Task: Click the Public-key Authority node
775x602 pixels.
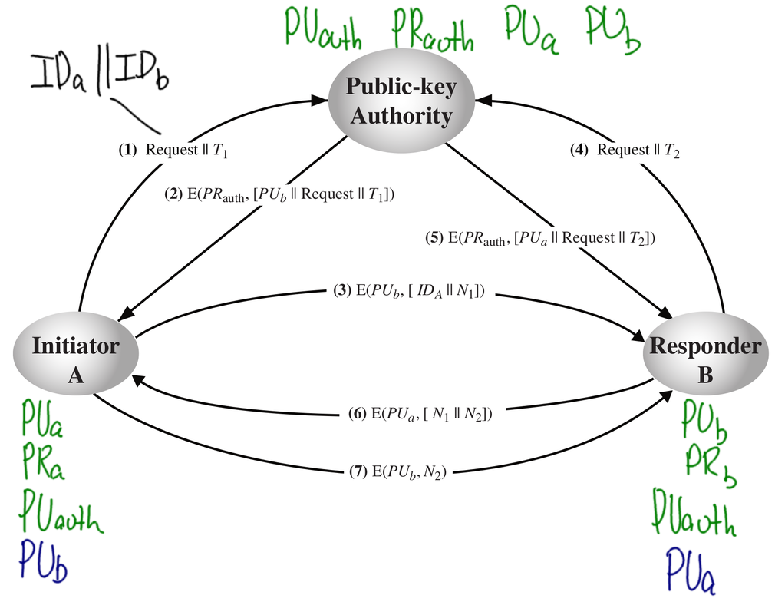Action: (x=400, y=101)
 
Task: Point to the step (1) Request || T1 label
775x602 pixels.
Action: (x=173, y=150)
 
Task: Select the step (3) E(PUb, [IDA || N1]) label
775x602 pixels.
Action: (x=409, y=292)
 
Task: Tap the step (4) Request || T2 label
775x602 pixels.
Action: (x=625, y=150)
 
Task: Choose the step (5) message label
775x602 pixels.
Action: (x=540, y=238)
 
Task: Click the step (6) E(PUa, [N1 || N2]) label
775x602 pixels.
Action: (x=420, y=415)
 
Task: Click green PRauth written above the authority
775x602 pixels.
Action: (x=431, y=31)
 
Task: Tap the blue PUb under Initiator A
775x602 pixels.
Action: (x=44, y=561)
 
